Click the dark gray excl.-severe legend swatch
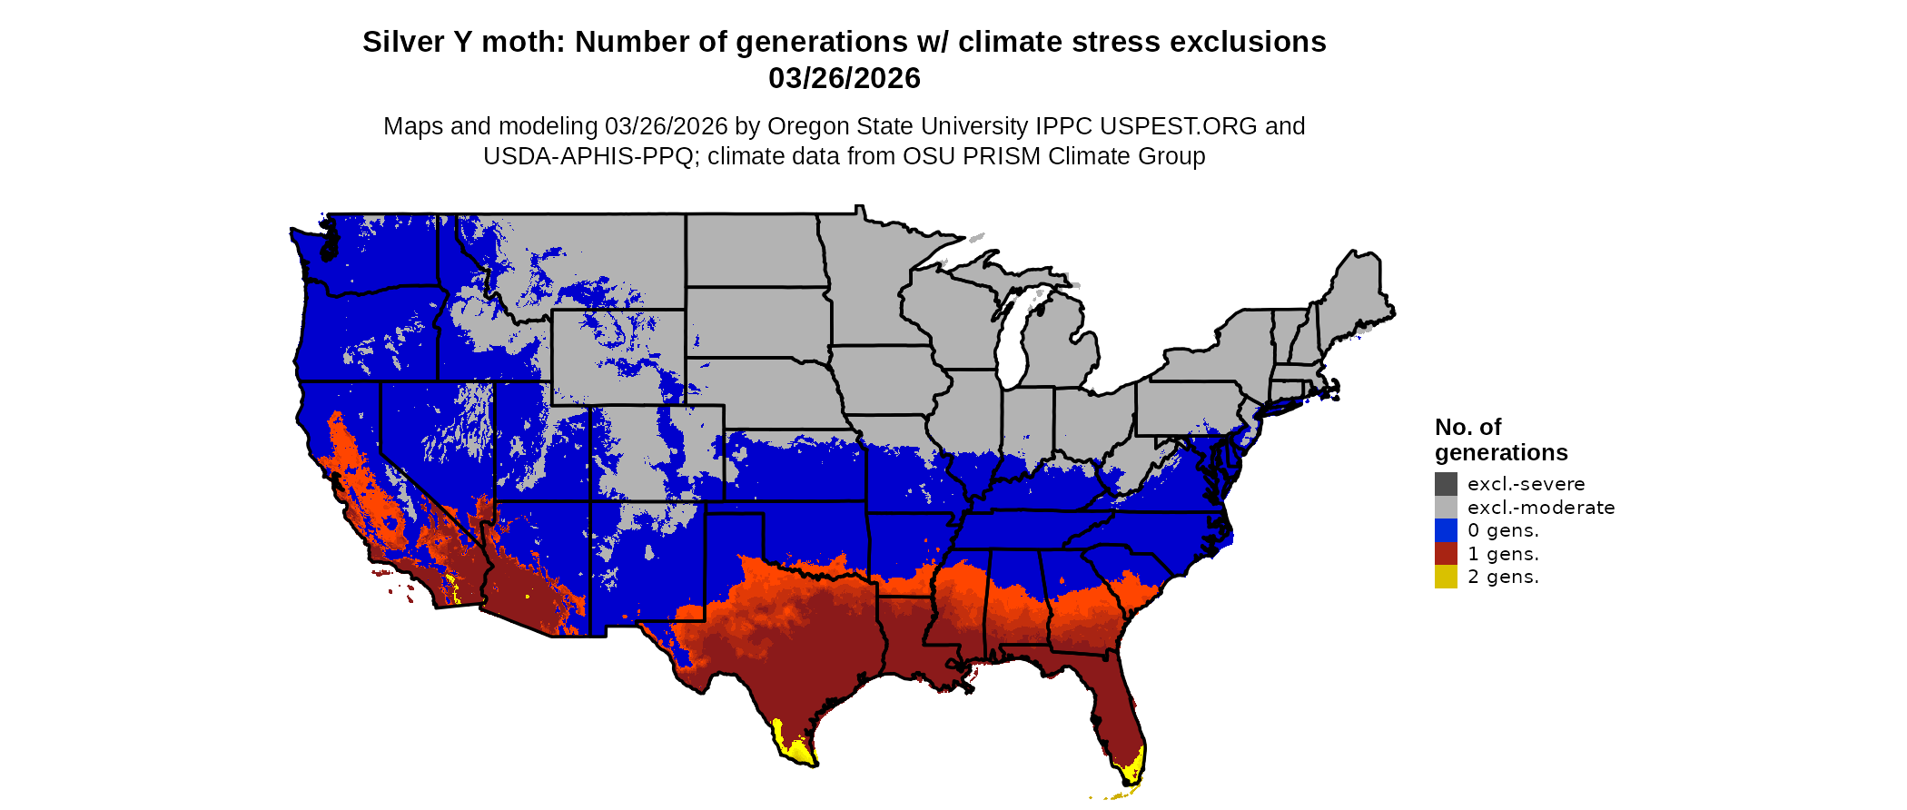[x=1446, y=484]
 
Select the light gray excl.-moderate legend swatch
[x=1446, y=507]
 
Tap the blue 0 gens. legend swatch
[x=1446, y=530]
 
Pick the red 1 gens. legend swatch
[x=1446, y=554]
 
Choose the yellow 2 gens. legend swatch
[x=1446, y=577]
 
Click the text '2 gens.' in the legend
[x=1503, y=577]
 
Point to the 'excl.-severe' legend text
[x=1526, y=484]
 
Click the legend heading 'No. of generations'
[x=1500, y=440]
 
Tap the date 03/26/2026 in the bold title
[x=844, y=78]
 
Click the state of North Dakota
[x=754, y=250]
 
